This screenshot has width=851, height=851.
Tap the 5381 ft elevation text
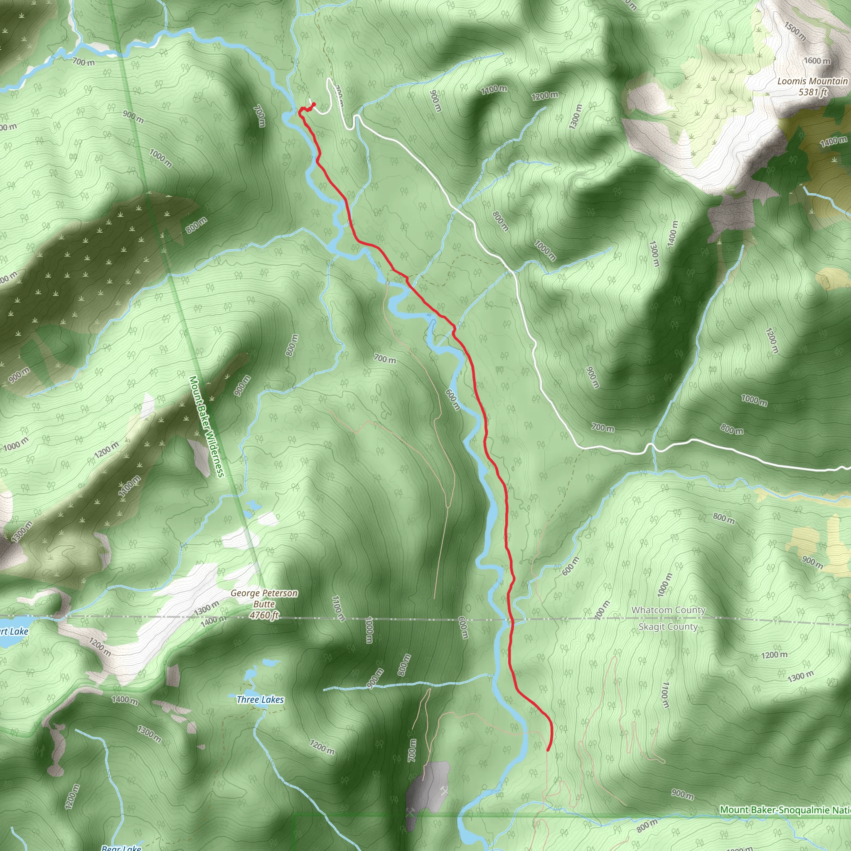(x=813, y=92)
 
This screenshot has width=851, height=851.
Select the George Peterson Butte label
(x=264, y=599)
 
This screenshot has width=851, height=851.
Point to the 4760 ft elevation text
(x=264, y=615)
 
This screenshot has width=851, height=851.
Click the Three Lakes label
(x=260, y=699)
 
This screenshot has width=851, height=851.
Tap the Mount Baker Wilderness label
(x=207, y=426)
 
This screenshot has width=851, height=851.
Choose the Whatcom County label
(x=668, y=610)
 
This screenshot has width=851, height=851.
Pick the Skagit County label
(x=668, y=626)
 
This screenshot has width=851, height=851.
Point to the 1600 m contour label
(x=817, y=61)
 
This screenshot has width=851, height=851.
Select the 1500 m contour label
(x=795, y=31)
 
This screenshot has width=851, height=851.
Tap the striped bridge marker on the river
(x=387, y=283)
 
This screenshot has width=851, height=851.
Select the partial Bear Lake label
(x=121, y=848)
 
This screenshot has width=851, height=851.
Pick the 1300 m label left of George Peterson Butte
(x=206, y=609)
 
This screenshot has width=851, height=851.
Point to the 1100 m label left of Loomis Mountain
(x=493, y=89)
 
